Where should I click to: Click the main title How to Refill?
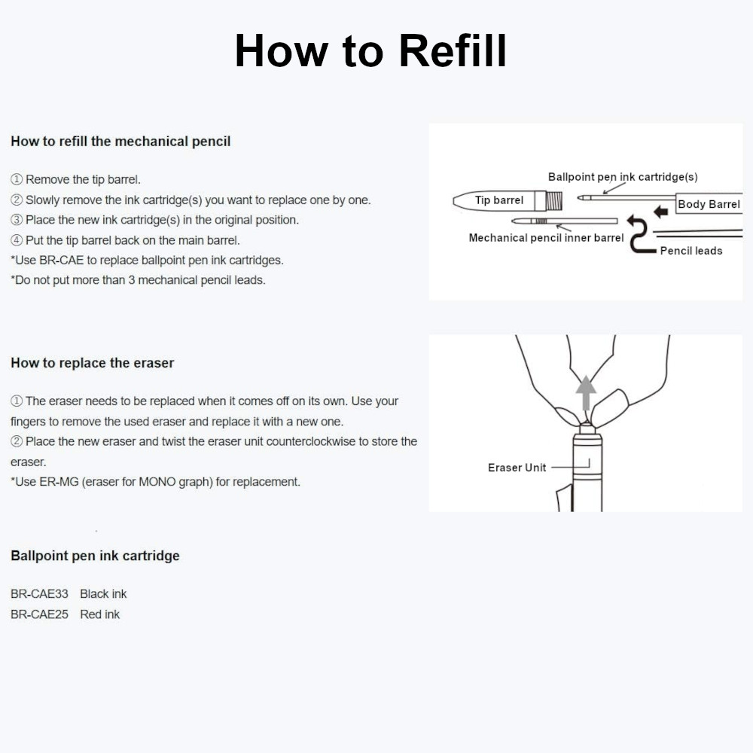pyautogui.click(x=370, y=51)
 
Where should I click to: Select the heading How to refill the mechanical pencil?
pyautogui.click(x=120, y=141)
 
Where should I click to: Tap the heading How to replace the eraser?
pyautogui.click(x=92, y=363)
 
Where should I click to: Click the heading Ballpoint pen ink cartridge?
pyautogui.click(x=95, y=556)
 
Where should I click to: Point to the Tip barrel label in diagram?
pyautogui.click(x=498, y=200)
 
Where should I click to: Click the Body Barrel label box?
pyautogui.click(x=708, y=204)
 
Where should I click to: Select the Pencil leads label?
pyautogui.click(x=691, y=251)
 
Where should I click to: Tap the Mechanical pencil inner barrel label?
pyautogui.click(x=546, y=238)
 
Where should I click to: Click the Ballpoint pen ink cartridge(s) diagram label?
pyautogui.click(x=622, y=177)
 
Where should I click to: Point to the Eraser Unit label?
pyautogui.click(x=517, y=468)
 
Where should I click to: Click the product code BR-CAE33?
pyautogui.click(x=39, y=594)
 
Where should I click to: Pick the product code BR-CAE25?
pyautogui.click(x=39, y=614)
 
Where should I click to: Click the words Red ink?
pyautogui.click(x=100, y=614)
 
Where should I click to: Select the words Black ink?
pyautogui.click(x=103, y=594)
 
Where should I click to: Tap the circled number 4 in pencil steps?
pyautogui.click(x=17, y=241)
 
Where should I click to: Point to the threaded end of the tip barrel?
pyautogui.click(x=554, y=200)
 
